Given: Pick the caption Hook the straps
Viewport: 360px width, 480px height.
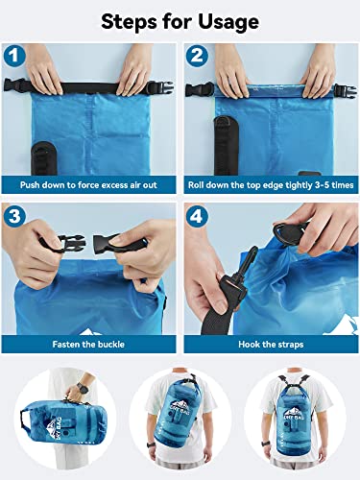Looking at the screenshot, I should pos(270,342).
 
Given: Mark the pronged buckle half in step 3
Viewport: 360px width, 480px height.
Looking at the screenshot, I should pos(61,244).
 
